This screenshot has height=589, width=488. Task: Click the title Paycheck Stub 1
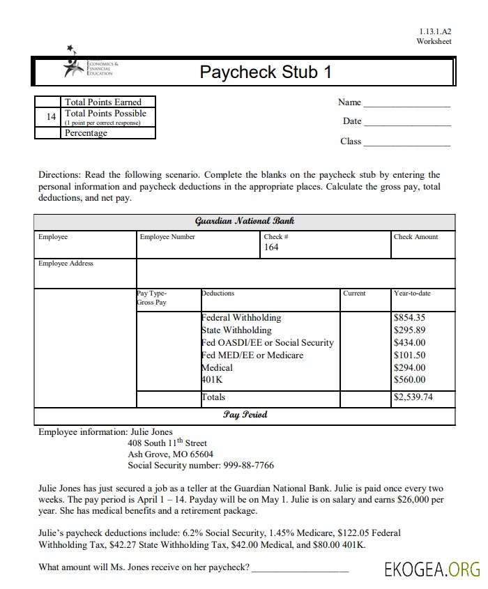265,72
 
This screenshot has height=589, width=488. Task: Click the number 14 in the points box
51,117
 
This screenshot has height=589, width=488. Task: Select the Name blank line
407,105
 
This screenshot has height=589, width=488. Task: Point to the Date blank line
407,123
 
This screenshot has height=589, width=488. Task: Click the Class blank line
407,144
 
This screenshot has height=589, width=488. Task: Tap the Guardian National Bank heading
245,221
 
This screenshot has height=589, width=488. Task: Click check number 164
271,247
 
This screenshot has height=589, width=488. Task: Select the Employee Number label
167,237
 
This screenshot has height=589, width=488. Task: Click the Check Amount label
415,237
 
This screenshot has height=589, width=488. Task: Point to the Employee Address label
66,263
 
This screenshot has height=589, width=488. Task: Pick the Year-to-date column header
412,293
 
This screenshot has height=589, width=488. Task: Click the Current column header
354,293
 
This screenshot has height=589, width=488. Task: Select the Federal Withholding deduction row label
241,318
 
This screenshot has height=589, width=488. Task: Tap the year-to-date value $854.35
410,318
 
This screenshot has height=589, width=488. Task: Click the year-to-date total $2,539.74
413,397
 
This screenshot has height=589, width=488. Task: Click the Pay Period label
245,415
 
